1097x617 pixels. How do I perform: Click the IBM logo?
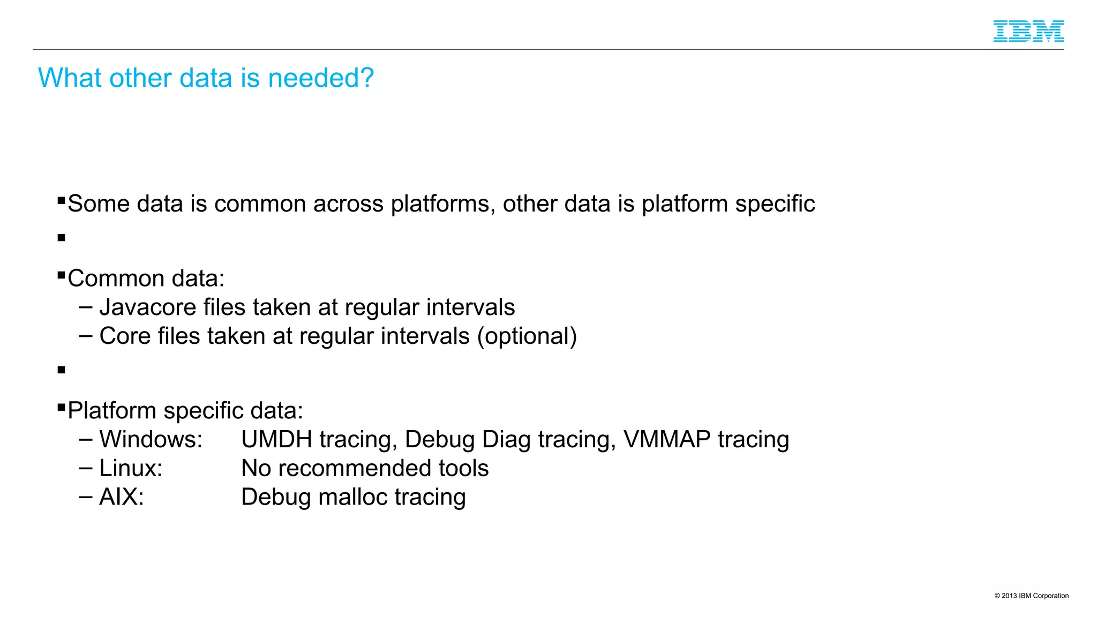click(1028, 31)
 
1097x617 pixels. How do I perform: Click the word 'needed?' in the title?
click(320, 78)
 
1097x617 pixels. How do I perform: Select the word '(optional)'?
click(527, 337)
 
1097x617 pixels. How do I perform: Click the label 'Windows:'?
click(151, 440)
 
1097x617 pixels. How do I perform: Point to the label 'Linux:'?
click(131, 469)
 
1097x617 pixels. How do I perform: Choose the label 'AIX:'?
click(122, 497)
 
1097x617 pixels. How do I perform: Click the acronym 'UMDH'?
click(276, 440)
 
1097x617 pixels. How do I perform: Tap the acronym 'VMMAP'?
click(667, 440)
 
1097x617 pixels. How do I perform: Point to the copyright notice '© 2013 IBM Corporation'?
click(1031, 596)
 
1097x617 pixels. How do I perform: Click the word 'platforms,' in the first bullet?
click(443, 205)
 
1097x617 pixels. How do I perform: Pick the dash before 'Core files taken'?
click(86, 336)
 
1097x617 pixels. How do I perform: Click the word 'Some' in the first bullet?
click(99, 204)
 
